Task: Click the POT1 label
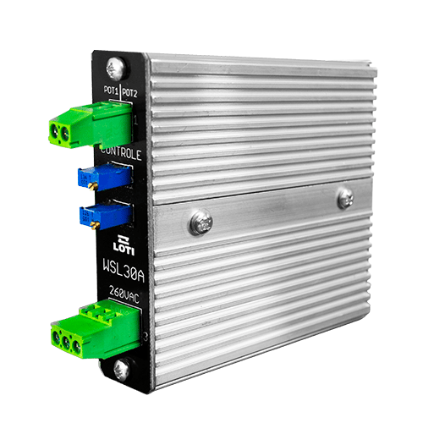[x=111, y=91]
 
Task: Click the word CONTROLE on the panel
[x=121, y=154]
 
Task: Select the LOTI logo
[x=124, y=245]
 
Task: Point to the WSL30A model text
[x=124, y=271]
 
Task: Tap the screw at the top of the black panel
[x=115, y=69]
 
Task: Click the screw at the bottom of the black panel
[x=122, y=370]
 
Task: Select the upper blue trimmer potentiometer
[x=104, y=177]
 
